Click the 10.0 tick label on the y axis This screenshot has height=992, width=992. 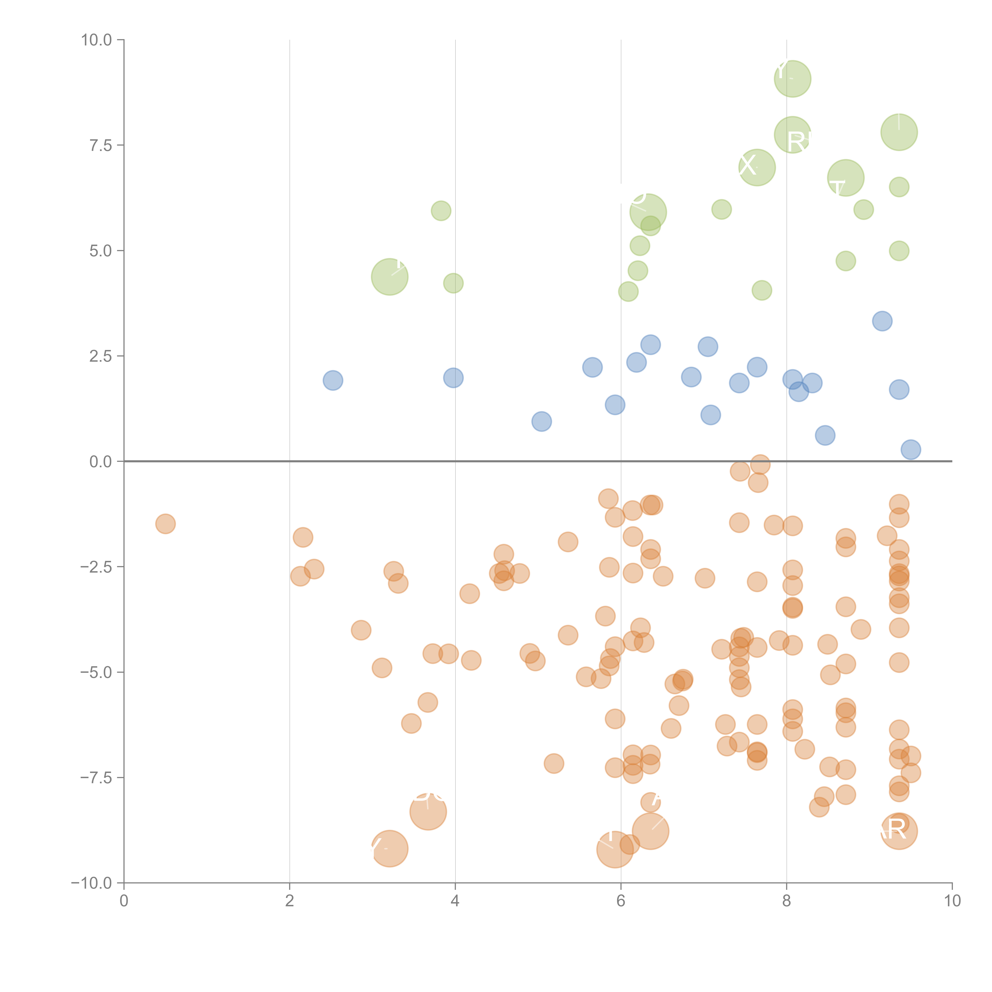point(97,40)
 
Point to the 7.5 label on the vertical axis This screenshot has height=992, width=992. point(101,145)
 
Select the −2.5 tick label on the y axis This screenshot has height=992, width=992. point(96,567)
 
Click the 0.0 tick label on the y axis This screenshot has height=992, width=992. point(101,462)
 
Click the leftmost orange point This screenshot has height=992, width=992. point(165,524)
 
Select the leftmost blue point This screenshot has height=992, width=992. point(333,381)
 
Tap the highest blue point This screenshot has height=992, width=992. point(882,321)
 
